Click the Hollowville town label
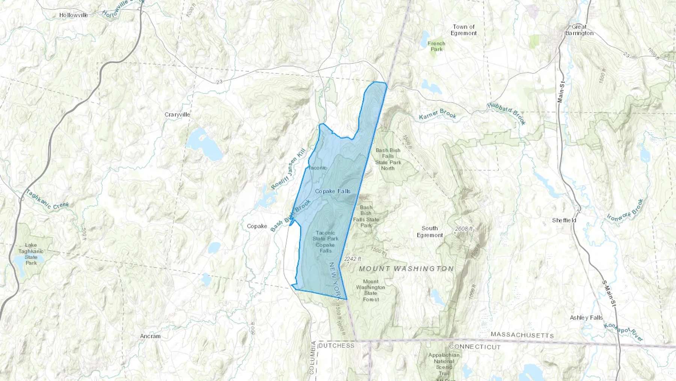pos(74,15)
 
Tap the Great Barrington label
pos(579,30)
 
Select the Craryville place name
pos(177,114)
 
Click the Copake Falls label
pos(332,191)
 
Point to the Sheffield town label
pos(564,220)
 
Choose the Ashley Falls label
pos(586,317)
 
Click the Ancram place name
pos(150,336)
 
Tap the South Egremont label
pos(430,231)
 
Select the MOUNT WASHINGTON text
pos(406,269)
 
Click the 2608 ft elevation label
pos(464,228)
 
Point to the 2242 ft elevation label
pos(352,259)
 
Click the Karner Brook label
pos(438,114)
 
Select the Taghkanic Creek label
pos(47,200)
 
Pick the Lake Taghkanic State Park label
pos(31,254)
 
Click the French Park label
pos(436,46)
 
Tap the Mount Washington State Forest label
pos(370,290)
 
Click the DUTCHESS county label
pos(336,345)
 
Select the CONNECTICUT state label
pos(475,346)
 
